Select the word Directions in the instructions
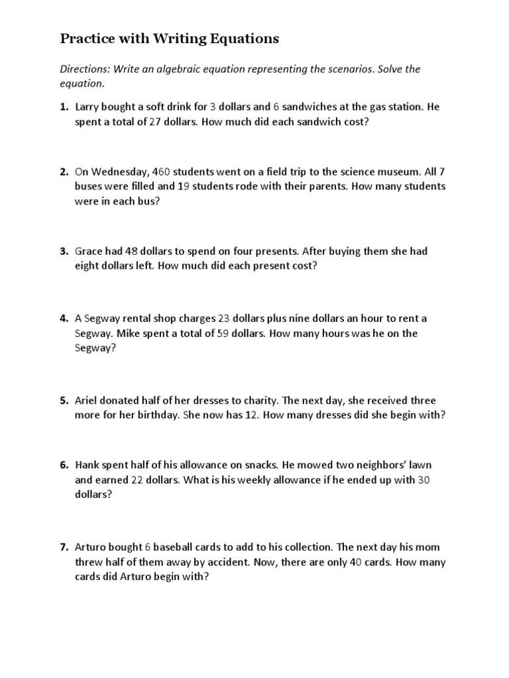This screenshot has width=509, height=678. pos(84,70)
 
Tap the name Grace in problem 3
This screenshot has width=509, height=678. pos(89,252)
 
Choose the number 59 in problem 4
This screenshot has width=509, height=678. pos(223,333)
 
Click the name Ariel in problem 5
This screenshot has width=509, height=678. pos(87,401)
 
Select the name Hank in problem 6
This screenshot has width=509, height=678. pos(87,465)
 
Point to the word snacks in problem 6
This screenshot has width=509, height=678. pos(264,465)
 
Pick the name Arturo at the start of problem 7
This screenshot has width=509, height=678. pos(91,547)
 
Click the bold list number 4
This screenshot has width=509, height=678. pos(64,318)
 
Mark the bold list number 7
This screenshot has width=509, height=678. pos(64,547)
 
